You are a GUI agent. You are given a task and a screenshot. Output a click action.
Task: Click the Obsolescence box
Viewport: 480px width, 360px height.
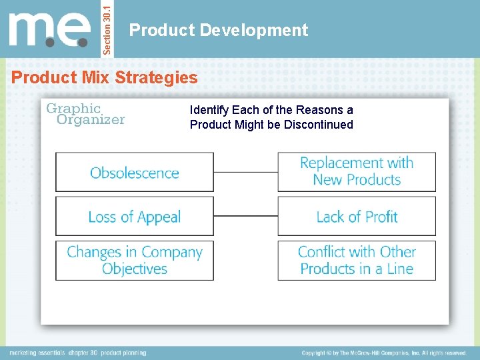pos(135,173)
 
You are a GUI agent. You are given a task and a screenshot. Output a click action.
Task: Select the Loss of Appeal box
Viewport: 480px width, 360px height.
pos(135,217)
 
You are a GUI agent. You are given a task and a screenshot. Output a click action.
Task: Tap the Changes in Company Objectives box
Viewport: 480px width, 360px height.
pos(135,261)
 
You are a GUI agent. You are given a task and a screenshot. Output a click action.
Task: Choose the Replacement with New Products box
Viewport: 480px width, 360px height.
pos(357,171)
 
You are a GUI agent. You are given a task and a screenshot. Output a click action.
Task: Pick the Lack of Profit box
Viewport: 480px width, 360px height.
pos(357,217)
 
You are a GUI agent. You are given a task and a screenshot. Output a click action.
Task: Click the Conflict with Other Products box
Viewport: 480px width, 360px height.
pos(357,261)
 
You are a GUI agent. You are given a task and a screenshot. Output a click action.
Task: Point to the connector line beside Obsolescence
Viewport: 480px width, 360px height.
pos(245,172)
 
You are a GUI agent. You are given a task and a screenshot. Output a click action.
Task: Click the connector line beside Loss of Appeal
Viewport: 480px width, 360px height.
pos(245,216)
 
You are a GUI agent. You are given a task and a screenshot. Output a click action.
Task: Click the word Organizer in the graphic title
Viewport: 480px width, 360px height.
pos(91,120)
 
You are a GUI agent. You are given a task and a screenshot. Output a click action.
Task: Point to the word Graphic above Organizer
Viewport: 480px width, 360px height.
pos(73,108)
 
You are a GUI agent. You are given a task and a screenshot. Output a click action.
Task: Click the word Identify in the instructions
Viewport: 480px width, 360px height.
pos(209,110)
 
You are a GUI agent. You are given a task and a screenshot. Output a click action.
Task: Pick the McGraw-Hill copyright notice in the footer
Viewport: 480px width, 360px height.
pos(384,353)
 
